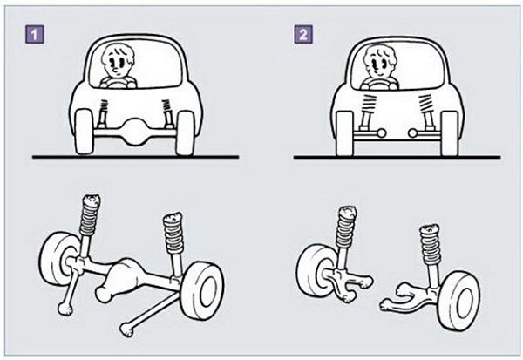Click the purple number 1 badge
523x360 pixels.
click(x=35, y=34)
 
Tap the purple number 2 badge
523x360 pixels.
click(x=303, y=34)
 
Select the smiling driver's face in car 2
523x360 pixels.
click(x=380, y=63)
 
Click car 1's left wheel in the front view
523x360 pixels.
click(x=84, y=132)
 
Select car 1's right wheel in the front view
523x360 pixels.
click(x=185, y=132)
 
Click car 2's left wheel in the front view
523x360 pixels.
click(x=344, y=133)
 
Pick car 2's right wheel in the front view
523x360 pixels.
click(x=449, y=133)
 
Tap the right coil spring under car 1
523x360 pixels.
click(x=166, y=105)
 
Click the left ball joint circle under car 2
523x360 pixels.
click(x=381, y=133)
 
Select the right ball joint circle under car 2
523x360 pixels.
click(x=412, y=133)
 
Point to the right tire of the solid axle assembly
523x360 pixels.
click(x=202, y=290)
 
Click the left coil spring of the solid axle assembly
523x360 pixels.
click(x=89, y=216)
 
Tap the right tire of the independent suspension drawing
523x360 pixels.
click(x=458, y=300)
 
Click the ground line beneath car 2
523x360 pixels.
click(x=397, y=157)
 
